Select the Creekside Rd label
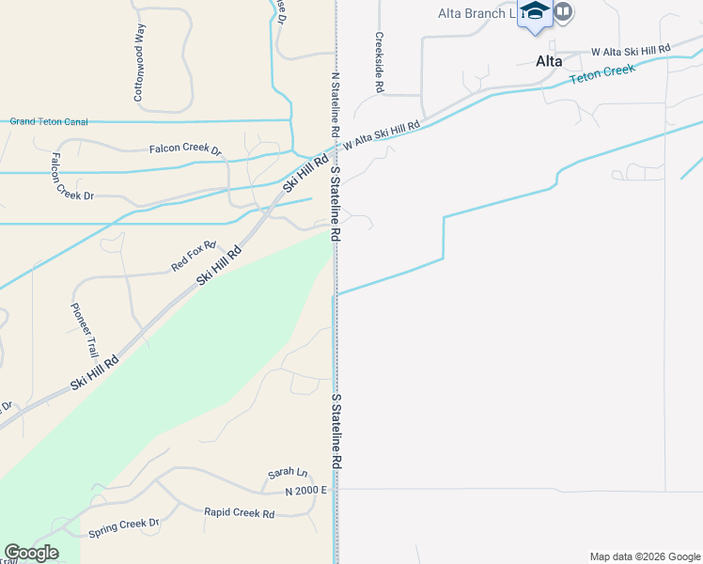(x=380, y=64)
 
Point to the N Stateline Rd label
(x=335, y=104)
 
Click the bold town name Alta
(x=549, y=61)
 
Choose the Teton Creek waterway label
(x=601, y=74)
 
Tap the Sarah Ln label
(x=289, y=473)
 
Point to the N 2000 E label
(x=306, y=491)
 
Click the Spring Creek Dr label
(x=124, y=527)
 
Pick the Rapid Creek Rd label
(x=240, y=513)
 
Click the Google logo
(x=31, y=553)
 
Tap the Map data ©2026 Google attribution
(x=644, y=556)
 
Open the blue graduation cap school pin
(x=535, y=12)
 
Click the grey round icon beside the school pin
(x=564, y=11)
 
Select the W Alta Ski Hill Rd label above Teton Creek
(x=631, y=49)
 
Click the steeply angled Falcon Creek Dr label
(x=73, y=176)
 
